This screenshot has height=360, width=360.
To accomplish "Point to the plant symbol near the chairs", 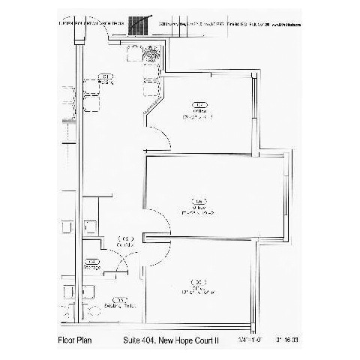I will click(153, 53).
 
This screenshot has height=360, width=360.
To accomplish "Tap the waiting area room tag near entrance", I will click(106, 77).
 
